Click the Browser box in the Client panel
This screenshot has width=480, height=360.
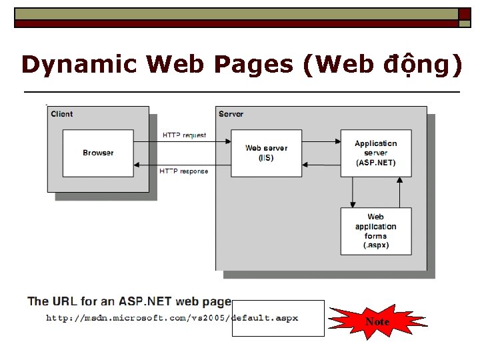point(98,153)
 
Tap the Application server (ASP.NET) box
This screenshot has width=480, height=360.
point(375,153)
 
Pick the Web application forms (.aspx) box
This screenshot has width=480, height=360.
point(375,231)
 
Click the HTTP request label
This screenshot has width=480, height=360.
point(185,135)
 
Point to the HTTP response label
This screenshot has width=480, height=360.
point(184,171)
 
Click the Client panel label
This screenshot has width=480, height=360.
point(62,114)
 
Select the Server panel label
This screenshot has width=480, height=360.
point(231,114)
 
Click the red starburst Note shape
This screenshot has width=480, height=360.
point(377,322)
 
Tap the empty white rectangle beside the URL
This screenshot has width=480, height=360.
point(278,318)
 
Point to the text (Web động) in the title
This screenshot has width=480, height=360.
point(380,65)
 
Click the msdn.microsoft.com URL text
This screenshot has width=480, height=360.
point(172,318)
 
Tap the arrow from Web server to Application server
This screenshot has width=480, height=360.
point(319,141)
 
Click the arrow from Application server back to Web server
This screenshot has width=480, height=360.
point(319,163)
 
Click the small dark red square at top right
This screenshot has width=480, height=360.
point(465,14)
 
